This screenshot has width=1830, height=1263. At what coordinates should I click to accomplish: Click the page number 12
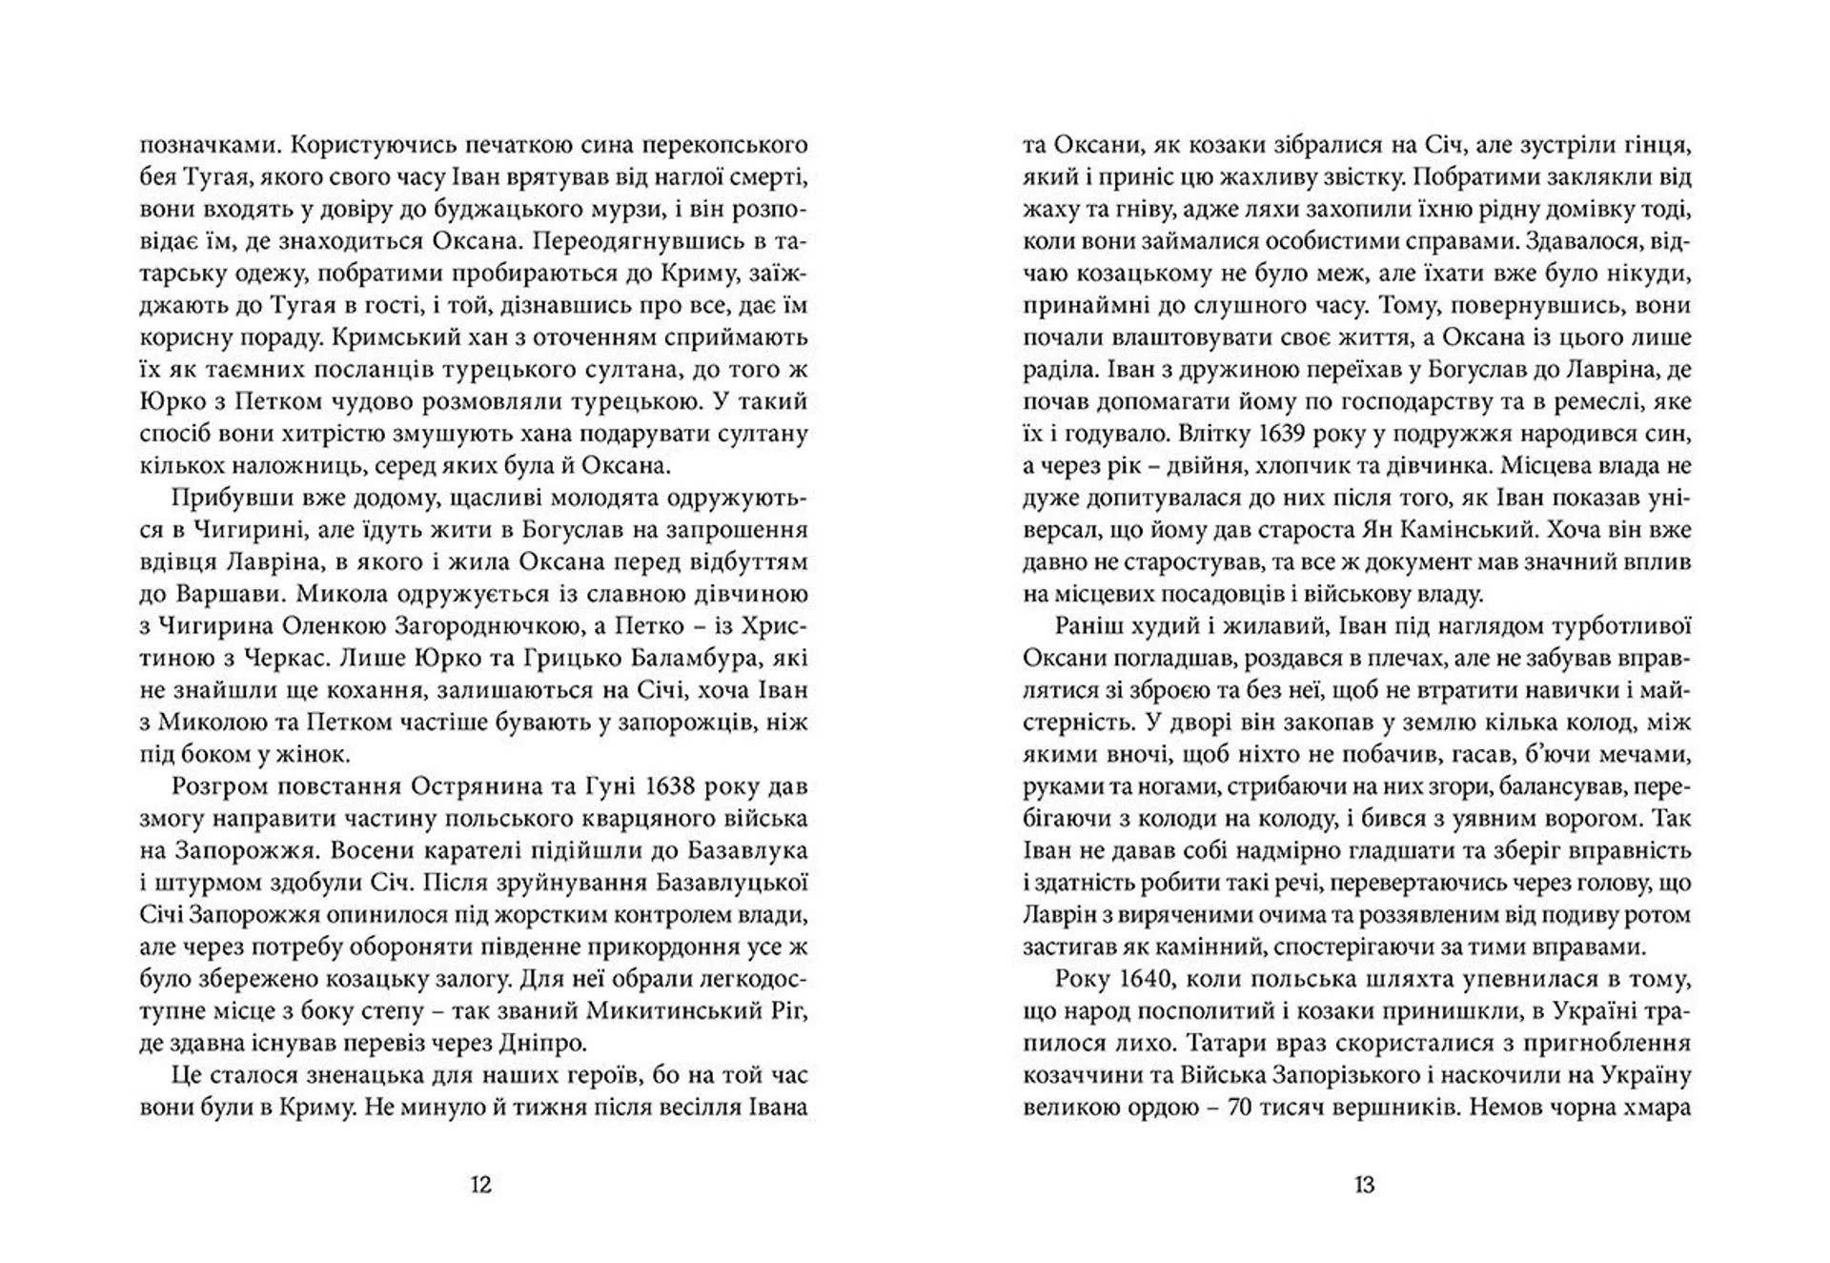click(x=481, y=1185)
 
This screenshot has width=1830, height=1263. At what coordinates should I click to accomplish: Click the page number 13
click(x=1364, y=1185)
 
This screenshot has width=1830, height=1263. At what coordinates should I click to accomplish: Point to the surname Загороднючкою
click(x=478, y=626)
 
